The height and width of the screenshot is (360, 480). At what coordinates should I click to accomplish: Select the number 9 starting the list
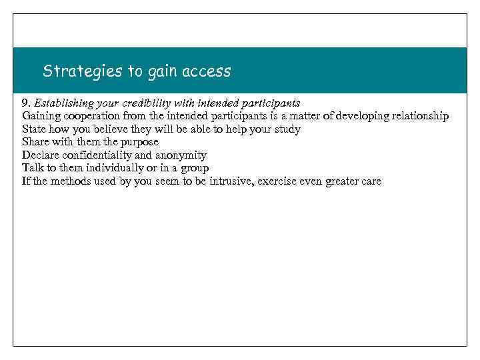point(25,103)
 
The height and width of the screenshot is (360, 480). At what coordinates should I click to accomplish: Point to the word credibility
point(156,103)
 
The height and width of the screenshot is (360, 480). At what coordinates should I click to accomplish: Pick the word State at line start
point(34,129)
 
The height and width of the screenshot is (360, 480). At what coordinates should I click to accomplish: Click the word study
point(286,129)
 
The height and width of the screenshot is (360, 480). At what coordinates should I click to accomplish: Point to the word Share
point(35,142)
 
